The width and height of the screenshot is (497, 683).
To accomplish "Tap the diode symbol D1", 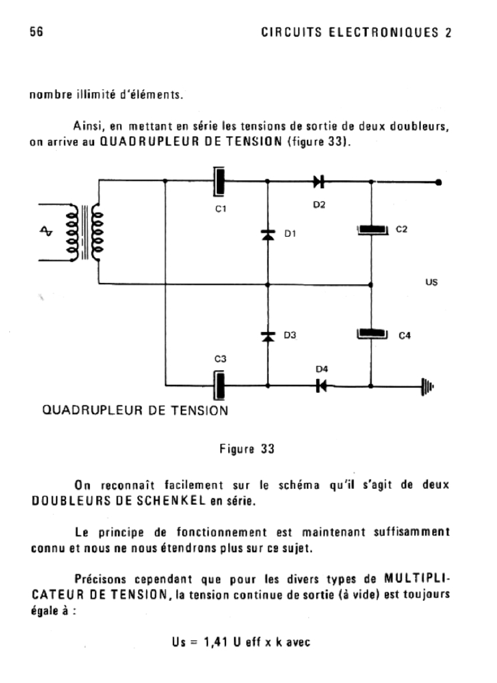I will click(x=268, y=234).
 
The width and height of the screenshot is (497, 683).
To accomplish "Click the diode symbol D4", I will click(x=321, y=386).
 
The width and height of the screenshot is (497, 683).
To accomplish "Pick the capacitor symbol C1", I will click(x=218, y=181).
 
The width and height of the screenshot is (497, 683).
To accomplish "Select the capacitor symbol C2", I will click(x=372, y=231).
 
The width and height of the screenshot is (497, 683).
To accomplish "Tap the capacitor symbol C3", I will click(x=218, y=386).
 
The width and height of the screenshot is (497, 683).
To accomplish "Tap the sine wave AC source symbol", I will click(x=46, y=231).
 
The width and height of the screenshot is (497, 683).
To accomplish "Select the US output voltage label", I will click(x=431, y=283).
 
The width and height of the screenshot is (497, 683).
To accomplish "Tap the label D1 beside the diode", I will click(x=290, y=234).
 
